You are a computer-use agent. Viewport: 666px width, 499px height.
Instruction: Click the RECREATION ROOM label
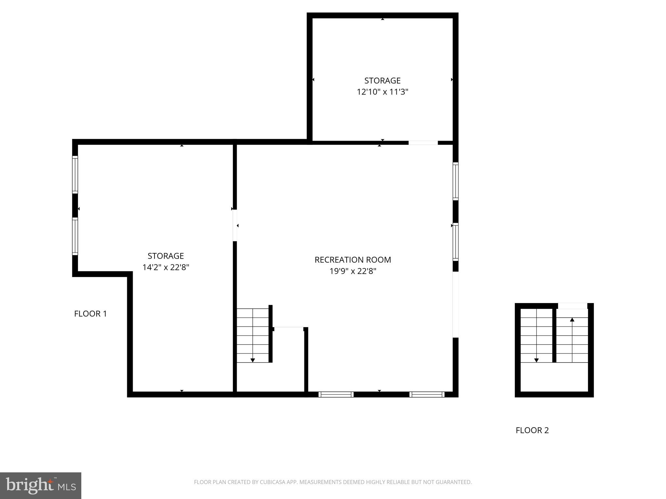pos(353,260)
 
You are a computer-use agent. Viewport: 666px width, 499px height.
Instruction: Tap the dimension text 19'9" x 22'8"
pos(353,271)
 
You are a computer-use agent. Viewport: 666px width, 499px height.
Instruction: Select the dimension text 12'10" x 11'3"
pos(382,92)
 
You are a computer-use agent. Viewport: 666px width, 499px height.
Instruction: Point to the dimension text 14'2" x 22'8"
pos(166,267)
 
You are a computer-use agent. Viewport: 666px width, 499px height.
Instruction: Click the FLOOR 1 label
pos(90,314)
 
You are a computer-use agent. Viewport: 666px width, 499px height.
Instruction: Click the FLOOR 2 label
pos(532,430)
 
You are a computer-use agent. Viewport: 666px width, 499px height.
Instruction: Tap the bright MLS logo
pos(41,485)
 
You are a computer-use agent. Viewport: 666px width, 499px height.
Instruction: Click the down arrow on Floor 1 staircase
pos(253,360)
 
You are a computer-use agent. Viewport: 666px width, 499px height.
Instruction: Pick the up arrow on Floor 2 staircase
pos(572,320)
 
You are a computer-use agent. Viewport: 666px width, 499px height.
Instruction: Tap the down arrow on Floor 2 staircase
pos(536,360)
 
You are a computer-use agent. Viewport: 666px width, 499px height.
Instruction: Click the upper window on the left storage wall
pos(75,175)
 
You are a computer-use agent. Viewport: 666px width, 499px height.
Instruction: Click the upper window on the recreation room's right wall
pos(456,181)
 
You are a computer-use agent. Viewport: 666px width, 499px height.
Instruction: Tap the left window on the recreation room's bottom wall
pos(336,394)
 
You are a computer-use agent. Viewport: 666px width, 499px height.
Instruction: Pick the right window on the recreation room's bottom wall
pos(427,394)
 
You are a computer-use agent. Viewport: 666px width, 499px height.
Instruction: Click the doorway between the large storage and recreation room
pos(235,225)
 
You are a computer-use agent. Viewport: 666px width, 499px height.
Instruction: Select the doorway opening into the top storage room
pos(423,143)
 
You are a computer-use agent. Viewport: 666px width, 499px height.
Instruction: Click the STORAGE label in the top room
pos(382,81)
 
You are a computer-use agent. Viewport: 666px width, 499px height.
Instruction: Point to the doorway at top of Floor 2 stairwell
pos(572,306)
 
